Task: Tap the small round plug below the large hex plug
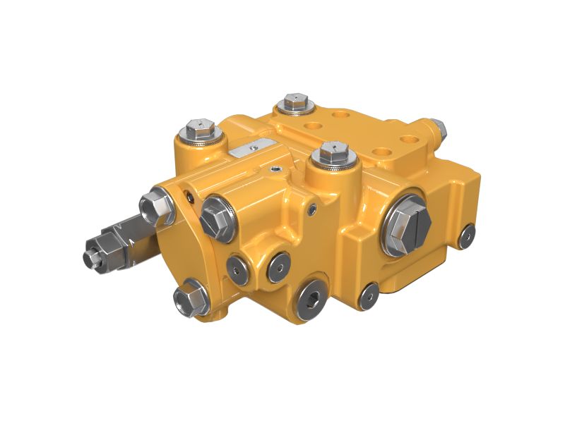(x=368, y=297)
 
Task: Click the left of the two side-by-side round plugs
(x=238, y=269)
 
